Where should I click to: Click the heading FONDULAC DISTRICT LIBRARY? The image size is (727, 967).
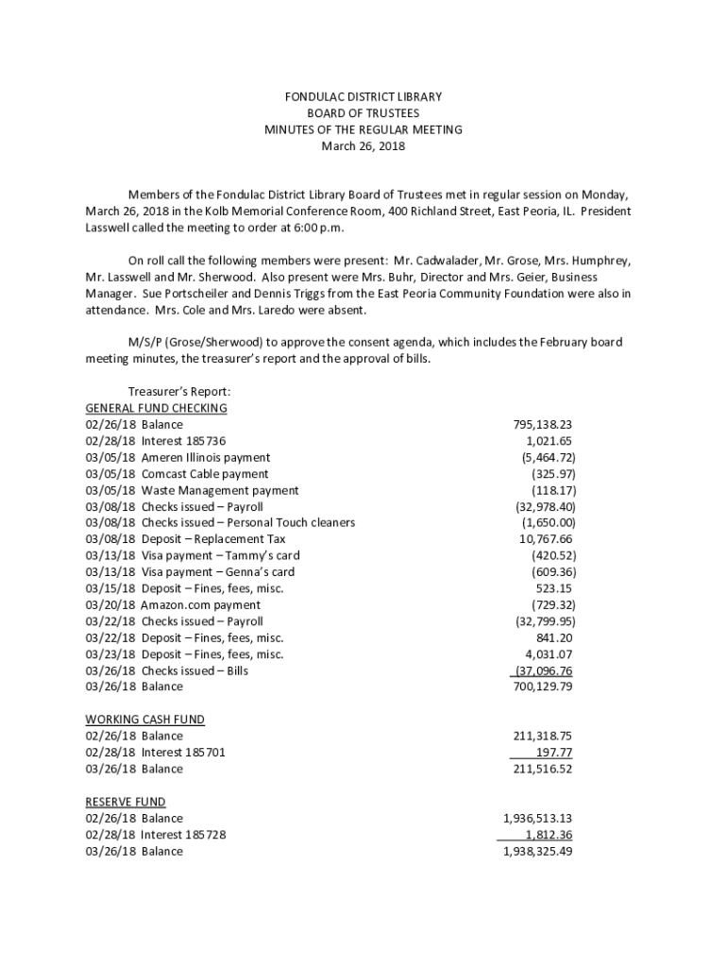[363, 97]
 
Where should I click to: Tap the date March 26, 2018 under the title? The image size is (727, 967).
[363, 146]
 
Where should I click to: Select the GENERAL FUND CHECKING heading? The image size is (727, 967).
[156, 408]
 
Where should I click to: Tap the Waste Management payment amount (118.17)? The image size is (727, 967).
[553, 491]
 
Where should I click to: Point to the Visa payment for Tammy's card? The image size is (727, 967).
[220, 556]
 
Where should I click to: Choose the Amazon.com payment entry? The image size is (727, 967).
[200, 605]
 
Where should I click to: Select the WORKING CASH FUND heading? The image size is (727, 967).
[144, 720]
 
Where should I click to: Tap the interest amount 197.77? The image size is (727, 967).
[553, 753]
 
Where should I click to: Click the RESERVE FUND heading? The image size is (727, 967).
[126, 802]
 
